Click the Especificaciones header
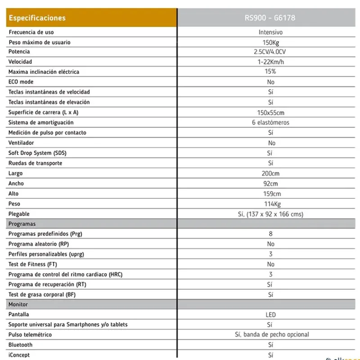37,18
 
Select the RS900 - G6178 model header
270,18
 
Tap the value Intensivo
270,32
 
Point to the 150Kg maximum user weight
270,42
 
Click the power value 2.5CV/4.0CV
270,52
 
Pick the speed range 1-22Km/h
270,62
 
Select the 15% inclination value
270,72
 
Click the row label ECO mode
21,82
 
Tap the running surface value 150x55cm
270,112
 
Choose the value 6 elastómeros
270,122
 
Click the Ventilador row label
21,143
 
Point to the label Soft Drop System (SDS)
37,153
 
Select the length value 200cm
270,173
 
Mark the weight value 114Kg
270,204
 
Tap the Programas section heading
22,224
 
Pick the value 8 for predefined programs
270,234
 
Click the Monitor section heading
18,305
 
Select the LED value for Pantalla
270,315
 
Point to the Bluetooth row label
21,345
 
